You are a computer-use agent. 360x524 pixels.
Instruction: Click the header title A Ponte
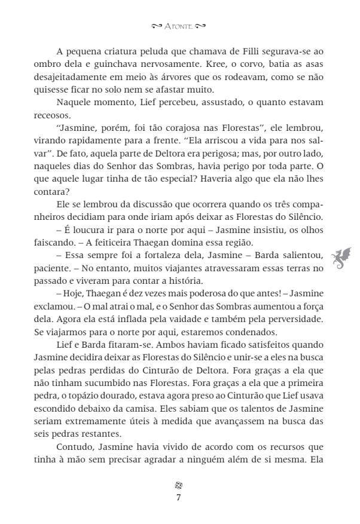[179, 26]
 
